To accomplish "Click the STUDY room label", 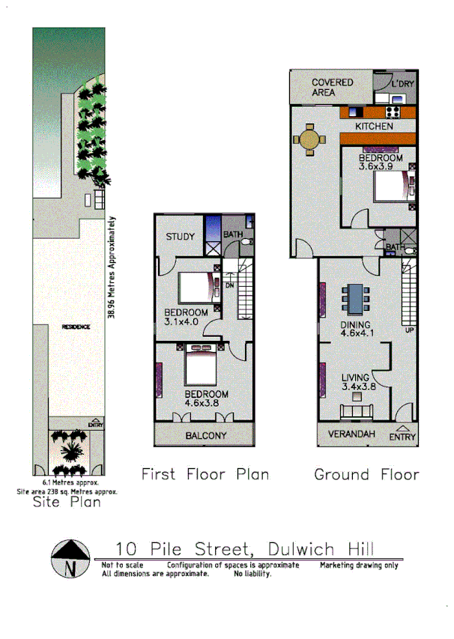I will (x=180, y=237).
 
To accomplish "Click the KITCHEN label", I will (x=374, y=127).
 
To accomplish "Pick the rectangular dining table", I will (x=354, y=298).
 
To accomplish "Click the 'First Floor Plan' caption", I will (x=205, y=474).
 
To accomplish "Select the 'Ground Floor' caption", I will (x=366, y=474).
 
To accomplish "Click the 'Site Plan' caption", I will (x=67, y=503).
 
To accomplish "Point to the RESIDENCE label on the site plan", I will (x=76, y=327).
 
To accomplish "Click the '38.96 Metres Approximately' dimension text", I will (x=111, y=267).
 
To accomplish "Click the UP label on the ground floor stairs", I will (x=409, y=330).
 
